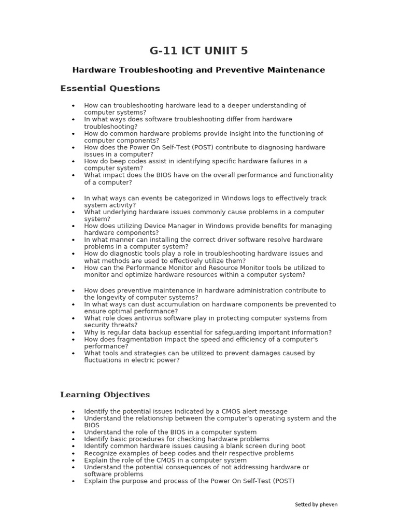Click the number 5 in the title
244,51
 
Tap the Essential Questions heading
110,89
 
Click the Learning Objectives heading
105,395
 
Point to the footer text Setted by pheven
316,504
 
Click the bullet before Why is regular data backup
74,333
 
